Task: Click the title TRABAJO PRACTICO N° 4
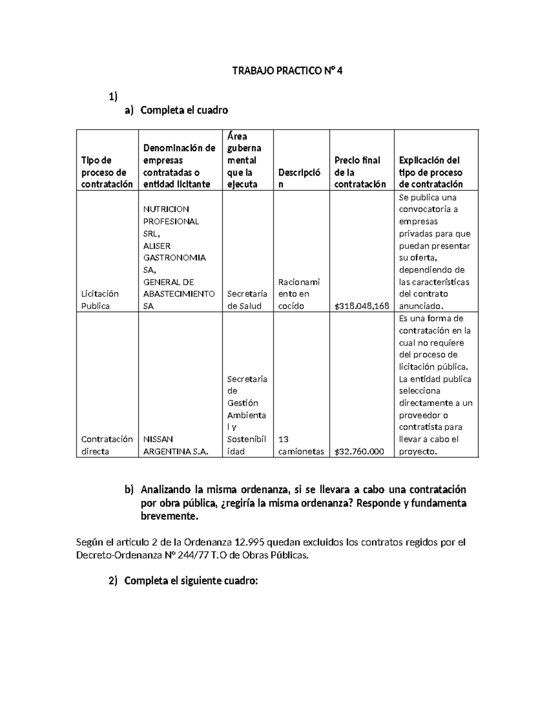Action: (x=287, y=71)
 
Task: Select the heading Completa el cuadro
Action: (x=184, y=110)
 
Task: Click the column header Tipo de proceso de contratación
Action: (x=107, y=172)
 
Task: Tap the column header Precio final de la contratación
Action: (x=360, y=172)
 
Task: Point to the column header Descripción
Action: (x=299, y=178)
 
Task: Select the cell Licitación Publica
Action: (x=100, y=300)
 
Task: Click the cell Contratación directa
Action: (x=107, y=445)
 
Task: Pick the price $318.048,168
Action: (x=361, y=306)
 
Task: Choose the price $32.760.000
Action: (x=359, y=451)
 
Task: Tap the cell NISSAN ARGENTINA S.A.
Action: (x=176, y=445)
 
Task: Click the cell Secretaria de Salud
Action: (x=247, y=300)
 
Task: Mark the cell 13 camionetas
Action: (x=301, y=445)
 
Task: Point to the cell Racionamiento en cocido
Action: (x=299, y=294)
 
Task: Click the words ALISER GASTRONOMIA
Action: (x=174, y=252)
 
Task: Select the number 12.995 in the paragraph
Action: (x=249, y=543)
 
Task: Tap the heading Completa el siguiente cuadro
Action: (x=191, y=581)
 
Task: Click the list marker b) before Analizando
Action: (x=129, y=490)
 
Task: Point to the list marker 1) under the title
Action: (x=113, y=97)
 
